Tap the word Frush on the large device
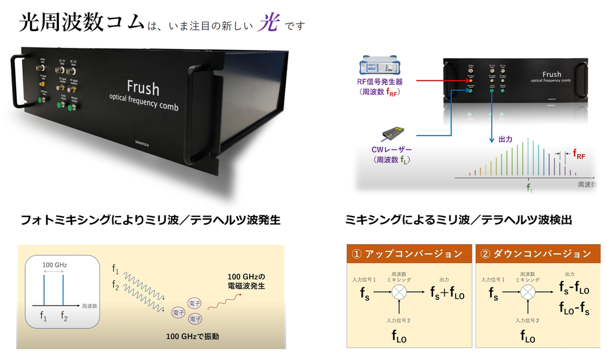click(143, 88)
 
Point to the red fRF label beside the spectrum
click(579, 154)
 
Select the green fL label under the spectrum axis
click(529, 188)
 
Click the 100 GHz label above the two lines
click(54, 263)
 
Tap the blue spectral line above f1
click(44, 290)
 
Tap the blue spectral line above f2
click(63, 290)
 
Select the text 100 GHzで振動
click(192, 336)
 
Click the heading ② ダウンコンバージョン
click(536, 253)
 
